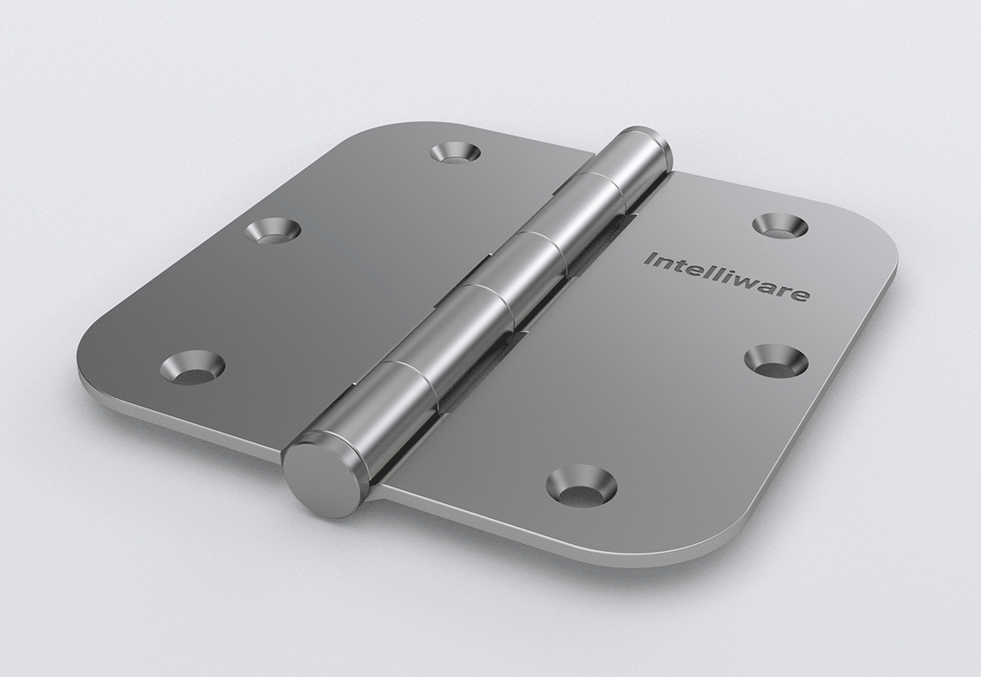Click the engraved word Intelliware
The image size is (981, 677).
click(727, 275)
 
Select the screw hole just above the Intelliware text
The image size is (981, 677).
click(779, 225)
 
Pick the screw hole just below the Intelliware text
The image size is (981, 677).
click(776, 361)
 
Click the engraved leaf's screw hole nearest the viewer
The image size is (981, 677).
click(581, 486)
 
